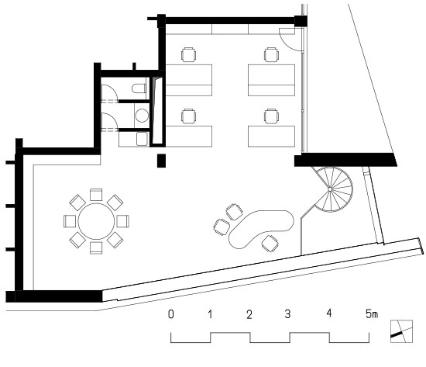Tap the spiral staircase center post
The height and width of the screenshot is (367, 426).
pos(330,189)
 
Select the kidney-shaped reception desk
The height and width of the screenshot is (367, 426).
pos(261,228)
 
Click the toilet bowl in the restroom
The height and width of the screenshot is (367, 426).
pos(139,88)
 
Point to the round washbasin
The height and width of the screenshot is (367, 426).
pos(142,116)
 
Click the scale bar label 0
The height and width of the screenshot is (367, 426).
pos(171,314)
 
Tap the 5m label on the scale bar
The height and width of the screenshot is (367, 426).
pos(371,314)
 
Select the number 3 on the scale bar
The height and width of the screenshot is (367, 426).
pos(287,314)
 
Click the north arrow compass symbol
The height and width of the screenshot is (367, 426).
pos(401,331)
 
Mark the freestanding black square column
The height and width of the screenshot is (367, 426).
pos(161,161)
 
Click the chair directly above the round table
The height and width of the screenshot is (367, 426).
pos(96,195)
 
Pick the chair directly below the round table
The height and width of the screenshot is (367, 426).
pos(96,248)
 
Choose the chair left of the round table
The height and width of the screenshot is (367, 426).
pos(70,221)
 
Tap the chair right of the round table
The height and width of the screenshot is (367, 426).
pos(123,221)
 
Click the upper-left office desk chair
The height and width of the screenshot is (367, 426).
pos(188,54)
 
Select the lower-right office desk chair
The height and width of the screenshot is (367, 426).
pos(271,116)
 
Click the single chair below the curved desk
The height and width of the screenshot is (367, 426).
pos(270,244)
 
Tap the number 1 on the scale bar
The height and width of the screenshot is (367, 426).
pos(210,314)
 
